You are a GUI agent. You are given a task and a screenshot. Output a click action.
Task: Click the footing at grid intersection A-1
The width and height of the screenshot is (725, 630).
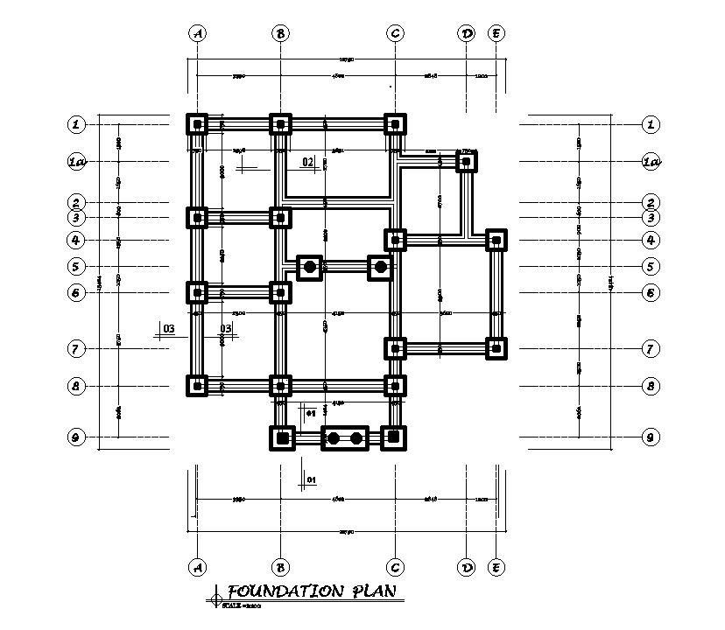tap(198, 124)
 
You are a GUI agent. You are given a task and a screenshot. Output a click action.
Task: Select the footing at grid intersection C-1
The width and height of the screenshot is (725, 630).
tap(396, 124)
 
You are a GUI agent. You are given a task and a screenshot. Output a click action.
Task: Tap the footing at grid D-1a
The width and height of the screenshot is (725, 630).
tap(467, 162)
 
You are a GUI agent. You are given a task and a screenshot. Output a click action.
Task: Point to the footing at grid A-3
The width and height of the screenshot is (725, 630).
tap(198, 217)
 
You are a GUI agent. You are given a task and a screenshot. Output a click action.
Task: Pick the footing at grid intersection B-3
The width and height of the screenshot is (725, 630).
tap(280, 217)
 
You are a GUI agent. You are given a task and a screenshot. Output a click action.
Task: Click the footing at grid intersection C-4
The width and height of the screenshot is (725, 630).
tap(396, 239)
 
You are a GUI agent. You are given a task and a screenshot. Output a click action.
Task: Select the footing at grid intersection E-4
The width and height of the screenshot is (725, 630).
tap(496, 239)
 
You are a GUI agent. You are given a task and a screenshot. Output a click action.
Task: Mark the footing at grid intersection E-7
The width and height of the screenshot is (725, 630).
tap(496, 348)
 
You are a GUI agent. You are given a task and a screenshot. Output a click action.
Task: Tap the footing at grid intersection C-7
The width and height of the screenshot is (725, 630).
tap(396, 348)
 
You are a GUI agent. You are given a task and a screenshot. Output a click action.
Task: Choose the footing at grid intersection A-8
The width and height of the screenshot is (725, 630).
tap(198, 385)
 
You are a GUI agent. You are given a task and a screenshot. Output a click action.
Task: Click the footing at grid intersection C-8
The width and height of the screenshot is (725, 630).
tap(396, 385)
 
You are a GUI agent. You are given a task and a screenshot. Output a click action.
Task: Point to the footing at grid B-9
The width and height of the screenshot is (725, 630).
tap(282, 437)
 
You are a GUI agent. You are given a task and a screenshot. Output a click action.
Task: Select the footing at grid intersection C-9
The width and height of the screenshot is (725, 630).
tap(394, 437)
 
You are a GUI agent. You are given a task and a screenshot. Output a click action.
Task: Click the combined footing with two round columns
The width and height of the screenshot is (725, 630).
tap(345, 437)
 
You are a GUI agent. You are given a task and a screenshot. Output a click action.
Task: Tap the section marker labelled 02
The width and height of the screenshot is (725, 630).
tap(307, 162)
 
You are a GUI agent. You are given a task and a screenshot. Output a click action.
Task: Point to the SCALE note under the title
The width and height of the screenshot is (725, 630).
tap(243, 605)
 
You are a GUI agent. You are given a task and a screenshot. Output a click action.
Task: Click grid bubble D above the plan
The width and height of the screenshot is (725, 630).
tap(467, 33)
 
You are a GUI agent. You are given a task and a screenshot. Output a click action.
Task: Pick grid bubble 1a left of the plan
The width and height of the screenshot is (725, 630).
tap(78, 162)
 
